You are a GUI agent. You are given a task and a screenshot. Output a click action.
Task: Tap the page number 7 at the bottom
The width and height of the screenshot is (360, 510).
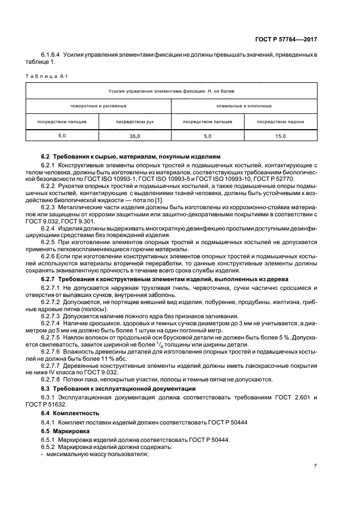[315, 466]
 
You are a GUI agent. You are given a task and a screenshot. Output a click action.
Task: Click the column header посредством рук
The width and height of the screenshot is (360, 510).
[135, 122]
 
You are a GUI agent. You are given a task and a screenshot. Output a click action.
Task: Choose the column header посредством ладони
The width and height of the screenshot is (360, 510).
[280, 122]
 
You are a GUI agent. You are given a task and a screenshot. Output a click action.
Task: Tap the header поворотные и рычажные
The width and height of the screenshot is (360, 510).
[99, 106]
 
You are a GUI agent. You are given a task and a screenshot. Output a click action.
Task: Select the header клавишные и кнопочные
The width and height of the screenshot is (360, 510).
[244, 106]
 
